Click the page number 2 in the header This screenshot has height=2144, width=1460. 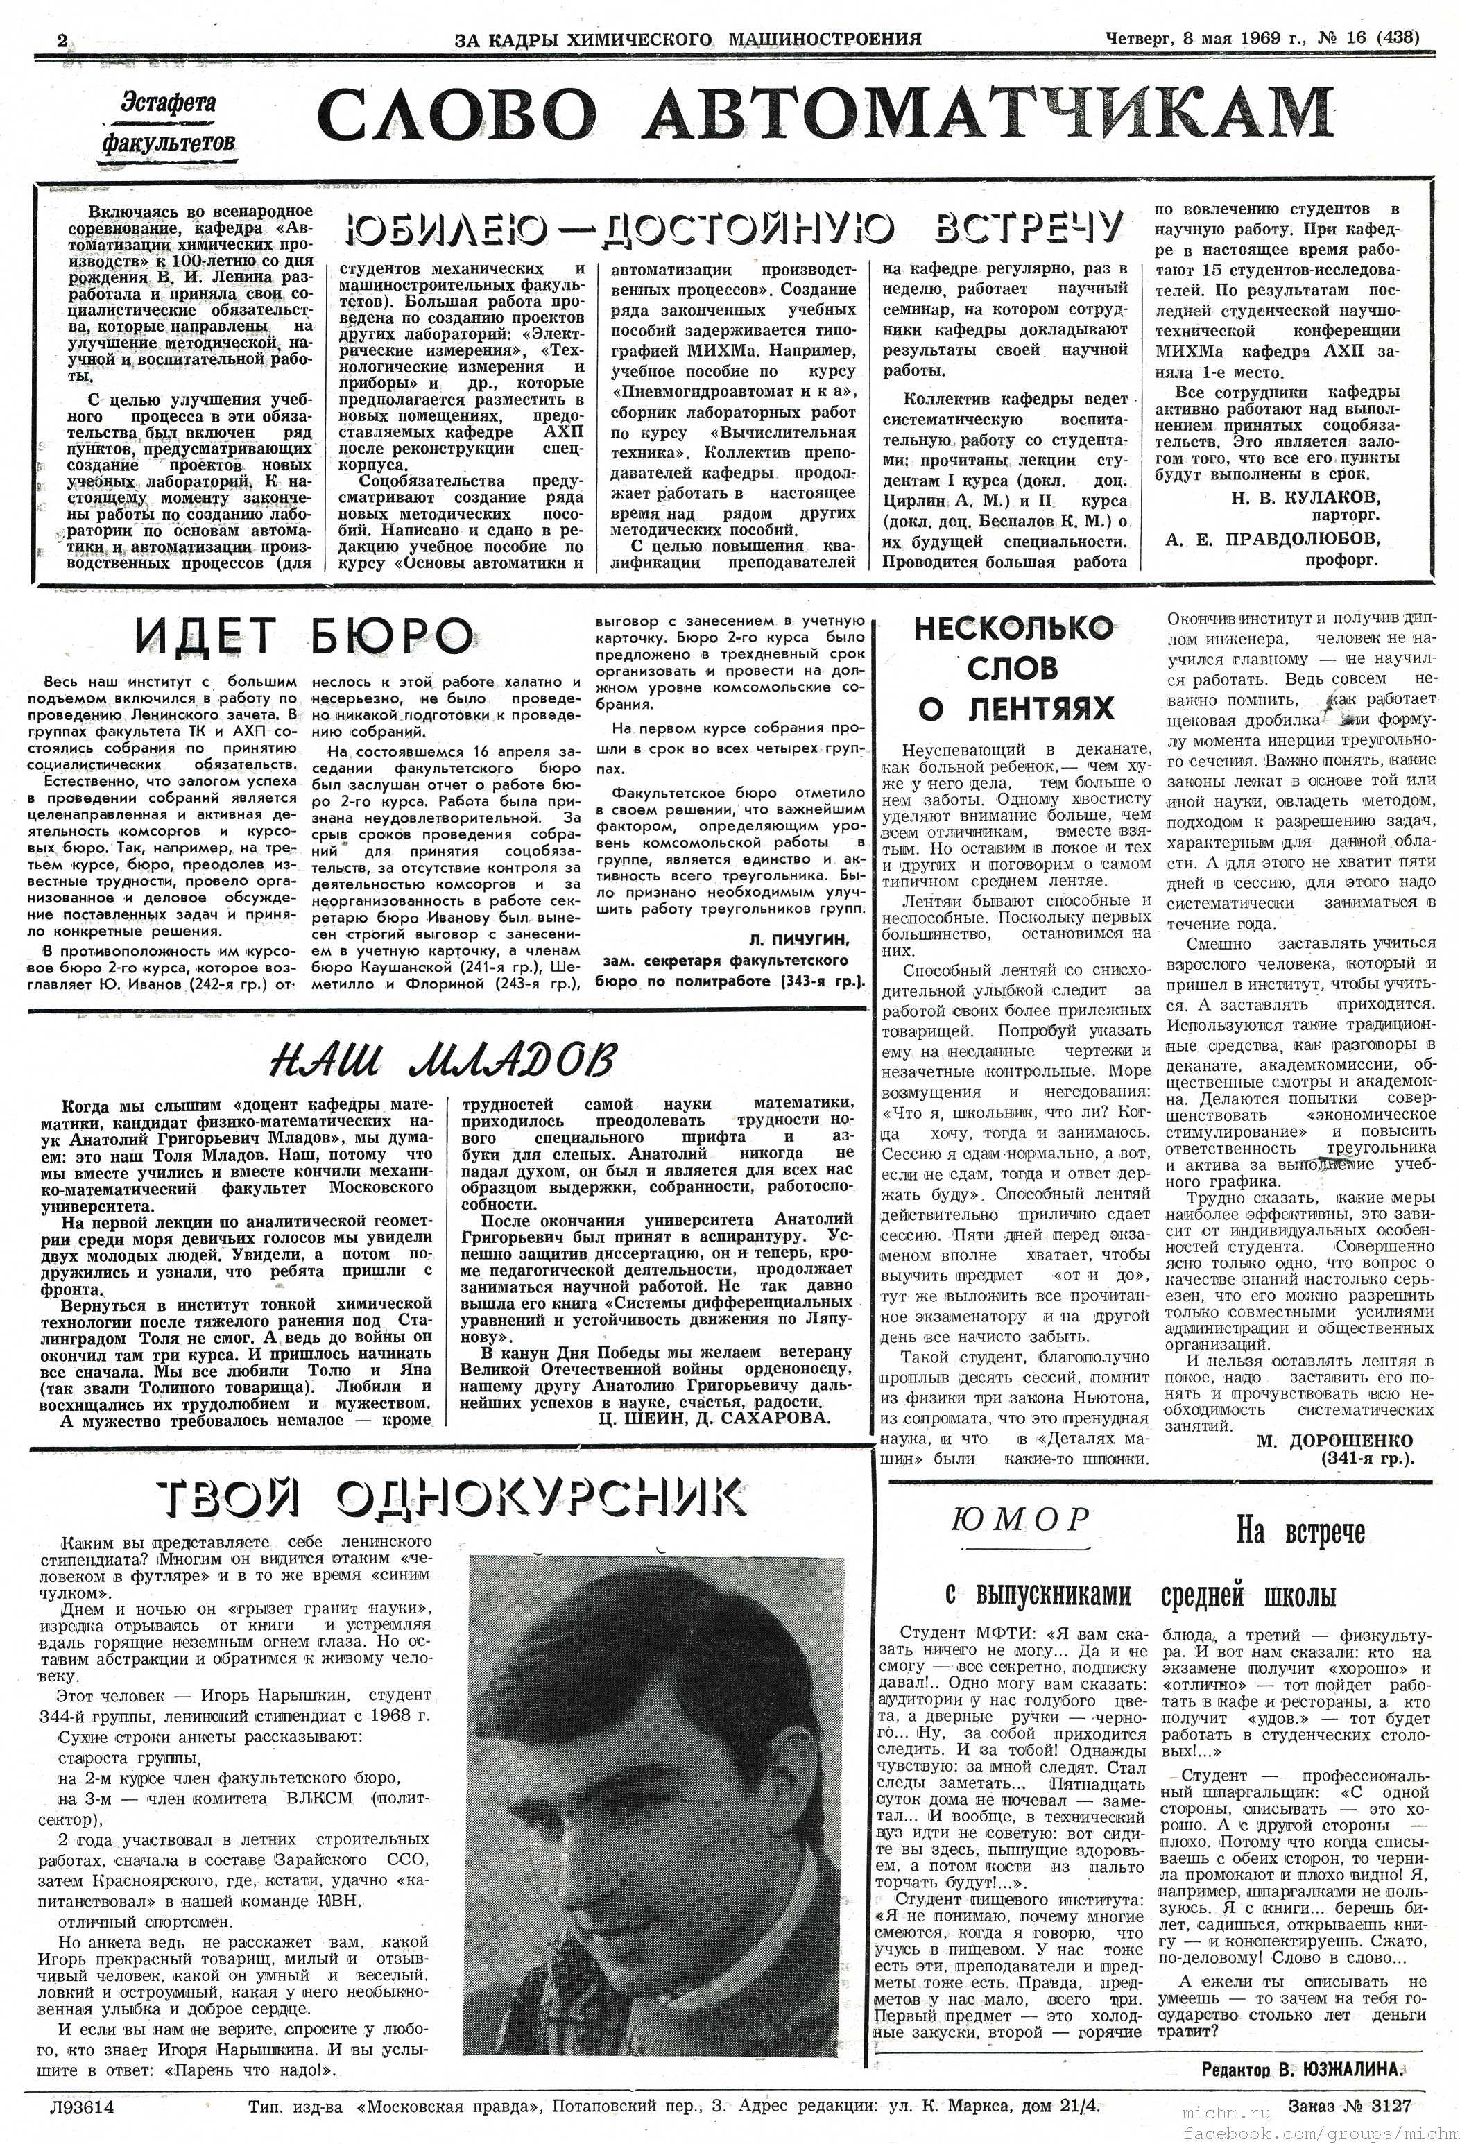pos(62,40)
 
